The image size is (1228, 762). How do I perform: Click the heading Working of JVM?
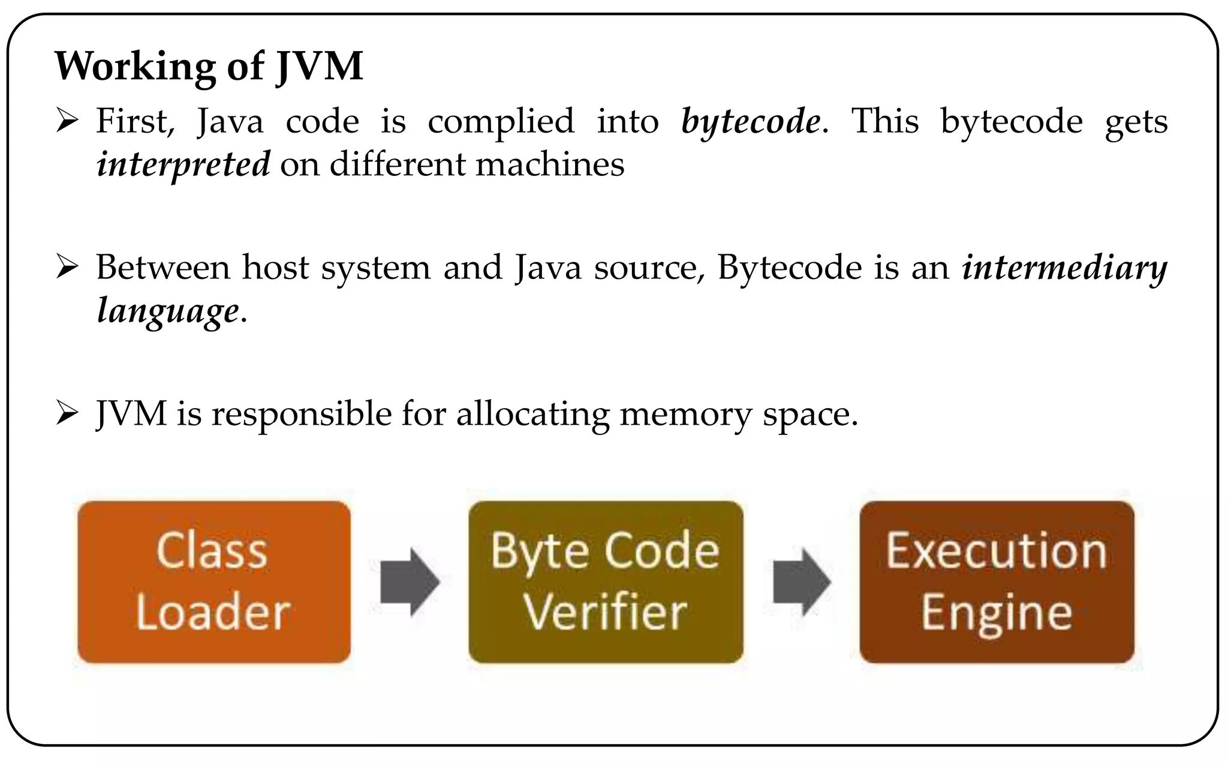[x=209, y=66]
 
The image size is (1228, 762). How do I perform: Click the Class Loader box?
[x=214, y=582]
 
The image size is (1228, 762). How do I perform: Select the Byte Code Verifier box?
[x=606, y=582]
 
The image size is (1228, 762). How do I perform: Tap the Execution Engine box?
[x=997, y=582]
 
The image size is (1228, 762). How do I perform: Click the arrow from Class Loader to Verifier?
[x=410, y=581]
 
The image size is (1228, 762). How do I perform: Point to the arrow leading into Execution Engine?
[x=801, y=581]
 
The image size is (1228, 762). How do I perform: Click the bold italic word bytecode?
[x=750, y=121]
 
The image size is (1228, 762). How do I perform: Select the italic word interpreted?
[x=183, y=164]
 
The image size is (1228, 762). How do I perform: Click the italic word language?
[x=168, y=311]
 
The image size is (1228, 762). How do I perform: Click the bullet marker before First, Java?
[x=67, y=121]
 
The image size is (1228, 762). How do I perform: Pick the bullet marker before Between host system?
[x=67, y=268]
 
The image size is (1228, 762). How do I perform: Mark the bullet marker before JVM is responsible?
[x=67, y=414]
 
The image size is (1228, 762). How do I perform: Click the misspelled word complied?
[x=501, y=122]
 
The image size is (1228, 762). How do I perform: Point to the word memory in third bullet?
[x=685, y=415]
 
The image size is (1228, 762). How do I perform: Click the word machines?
[x=550, y=164]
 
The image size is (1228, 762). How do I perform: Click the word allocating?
[x=532, y=415]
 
